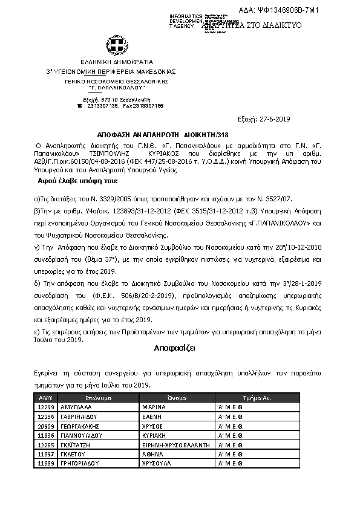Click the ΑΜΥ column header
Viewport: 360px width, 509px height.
click(47, 398)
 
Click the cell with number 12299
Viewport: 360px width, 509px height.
click(47, 408)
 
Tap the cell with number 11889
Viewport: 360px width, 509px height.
click(47, 462)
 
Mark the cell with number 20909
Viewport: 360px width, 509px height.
click(47, 426)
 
